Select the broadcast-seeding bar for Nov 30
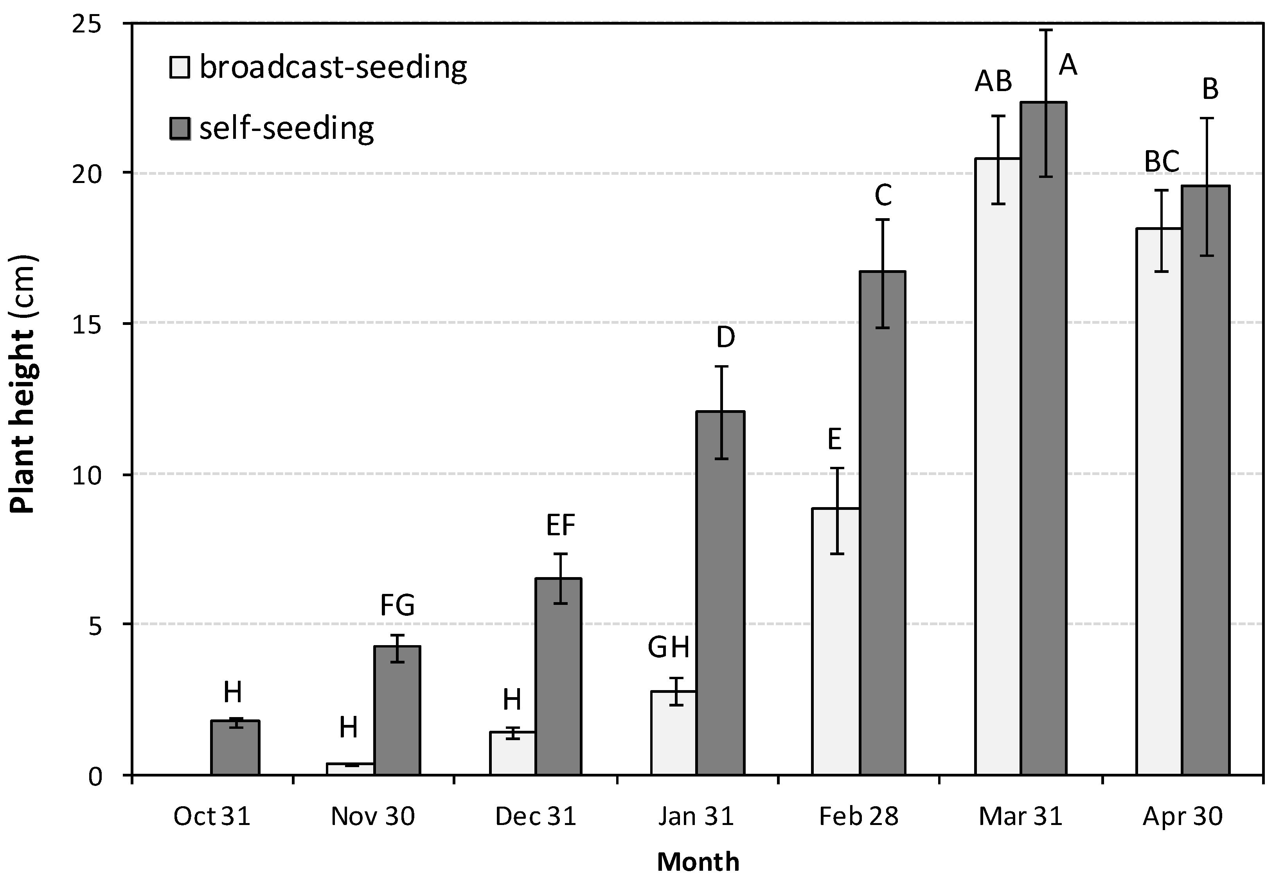350,769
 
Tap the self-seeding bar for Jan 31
720,594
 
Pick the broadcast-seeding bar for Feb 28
836,641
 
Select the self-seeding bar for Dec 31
559,676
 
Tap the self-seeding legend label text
286,129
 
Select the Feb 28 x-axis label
858,816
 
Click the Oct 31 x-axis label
212,816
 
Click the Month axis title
698,862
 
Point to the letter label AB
993,81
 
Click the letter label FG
397,606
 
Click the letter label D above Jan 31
726,337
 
